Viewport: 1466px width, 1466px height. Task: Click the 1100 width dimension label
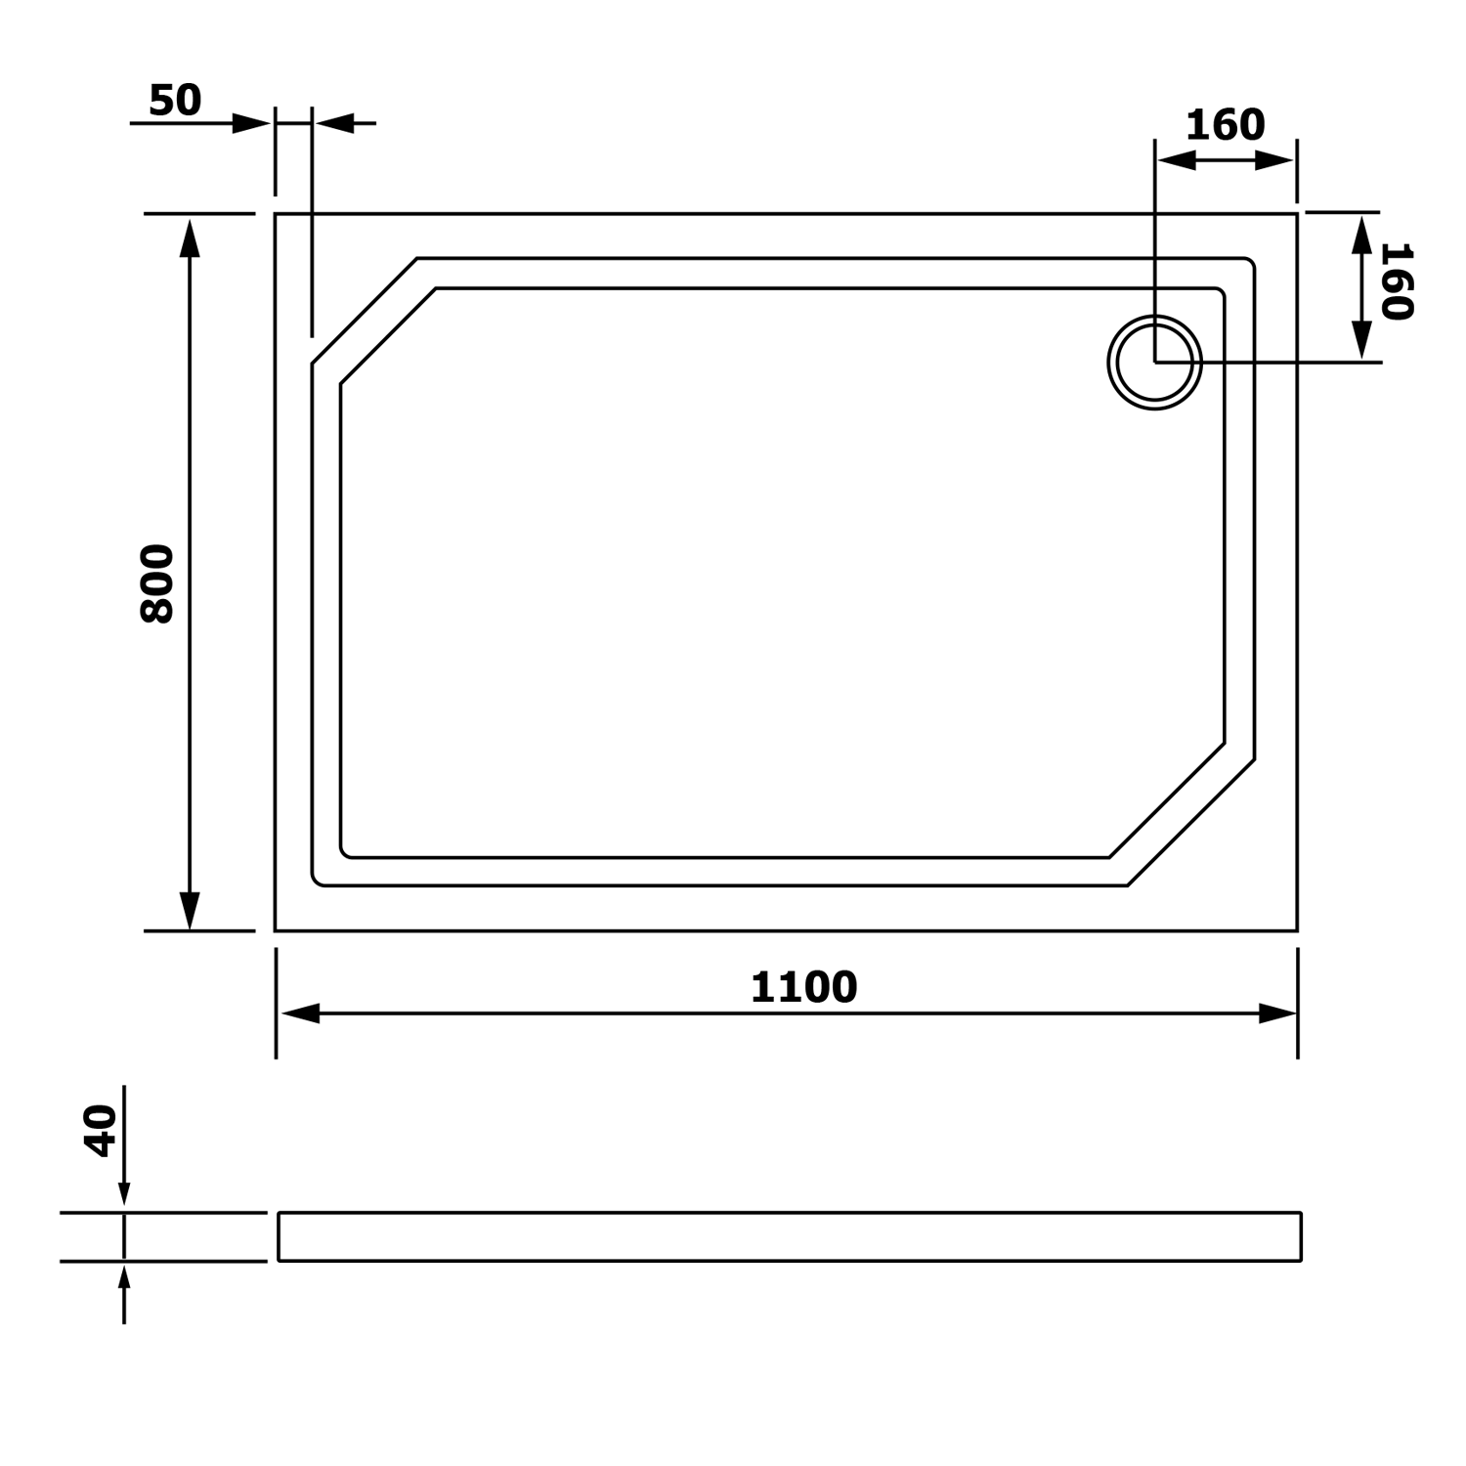[x=803, y=987]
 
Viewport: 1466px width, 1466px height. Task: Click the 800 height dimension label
[x=157, y=583]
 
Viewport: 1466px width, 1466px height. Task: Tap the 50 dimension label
[x=175, y=100]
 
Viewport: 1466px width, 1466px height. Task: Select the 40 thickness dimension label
[x=102, y=1131]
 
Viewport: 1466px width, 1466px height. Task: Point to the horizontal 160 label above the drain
[x=1225, y=125]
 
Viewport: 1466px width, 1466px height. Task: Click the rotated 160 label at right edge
[x=1397, y=281]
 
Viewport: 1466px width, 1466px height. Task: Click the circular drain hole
[x=1155, y=362]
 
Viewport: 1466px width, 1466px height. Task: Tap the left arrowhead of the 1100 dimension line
[x=300, y=1013]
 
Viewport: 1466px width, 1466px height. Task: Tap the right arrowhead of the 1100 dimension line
[x=1277, y=1013]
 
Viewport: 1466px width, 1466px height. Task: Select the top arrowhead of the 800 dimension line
[x=190, y=237]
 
